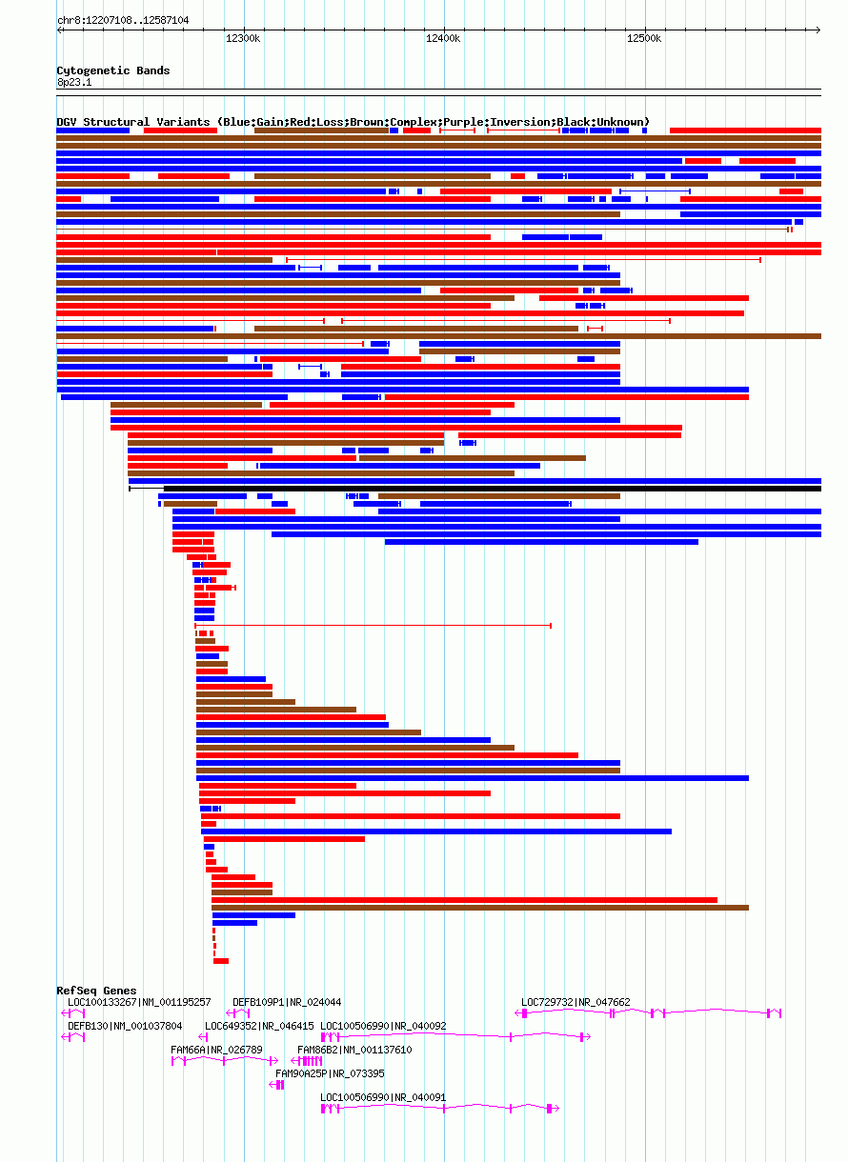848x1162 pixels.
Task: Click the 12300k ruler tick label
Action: (243, 38)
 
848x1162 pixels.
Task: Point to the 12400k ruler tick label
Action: (443, 38)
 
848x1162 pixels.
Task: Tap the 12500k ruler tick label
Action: (644, 38)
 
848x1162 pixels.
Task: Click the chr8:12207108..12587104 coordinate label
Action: (123, 20)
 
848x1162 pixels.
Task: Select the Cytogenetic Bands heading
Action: (113, 70)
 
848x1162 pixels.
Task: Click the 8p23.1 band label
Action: (74, 83)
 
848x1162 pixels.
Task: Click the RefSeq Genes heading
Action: (96, 992)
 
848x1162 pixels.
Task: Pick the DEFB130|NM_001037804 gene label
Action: (125, 1026)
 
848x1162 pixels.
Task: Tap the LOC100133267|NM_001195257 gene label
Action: (139, 1002)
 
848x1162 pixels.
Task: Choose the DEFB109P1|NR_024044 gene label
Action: (287, 1002)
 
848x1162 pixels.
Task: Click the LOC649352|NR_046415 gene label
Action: (259, 1026)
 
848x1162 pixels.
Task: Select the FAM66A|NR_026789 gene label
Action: (216, 1050)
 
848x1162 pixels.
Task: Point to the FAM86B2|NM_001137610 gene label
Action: (354, 1050)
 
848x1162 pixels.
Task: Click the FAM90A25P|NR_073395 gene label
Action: (330, 1073)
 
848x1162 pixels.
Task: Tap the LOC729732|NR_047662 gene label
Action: (575, 1002)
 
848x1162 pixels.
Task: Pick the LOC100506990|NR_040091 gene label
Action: (383, 1097)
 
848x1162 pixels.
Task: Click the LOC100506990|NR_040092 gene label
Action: (383, 1026)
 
